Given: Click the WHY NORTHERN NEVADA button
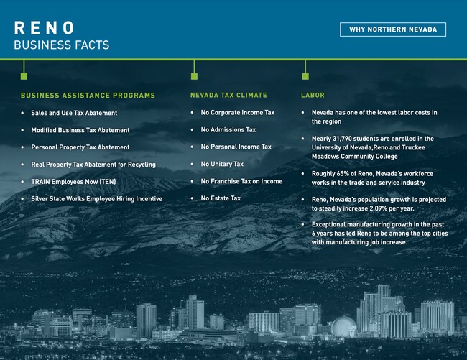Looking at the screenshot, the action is point(393,29).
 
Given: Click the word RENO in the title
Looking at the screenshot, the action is point(44,28).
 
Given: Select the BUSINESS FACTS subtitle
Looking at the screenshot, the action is point(62,45).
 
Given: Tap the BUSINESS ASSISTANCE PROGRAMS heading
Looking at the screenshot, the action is point(88,96).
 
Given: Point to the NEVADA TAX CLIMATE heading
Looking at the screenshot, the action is point(228,95).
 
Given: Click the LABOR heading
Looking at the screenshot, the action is point(313,95).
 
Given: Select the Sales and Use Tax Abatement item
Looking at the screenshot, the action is point(74,113).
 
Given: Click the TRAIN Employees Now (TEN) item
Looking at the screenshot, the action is point(73,182).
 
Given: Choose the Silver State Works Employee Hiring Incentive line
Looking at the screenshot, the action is point(97,198).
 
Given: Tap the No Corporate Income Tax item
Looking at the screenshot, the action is point(238,113).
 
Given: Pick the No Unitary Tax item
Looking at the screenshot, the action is point(222,164).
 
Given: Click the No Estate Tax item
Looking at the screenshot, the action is point(221,198).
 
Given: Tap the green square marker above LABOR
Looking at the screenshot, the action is point(305,76).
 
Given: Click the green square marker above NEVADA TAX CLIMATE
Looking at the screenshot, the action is point(194,76).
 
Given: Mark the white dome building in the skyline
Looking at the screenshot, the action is point(343,326).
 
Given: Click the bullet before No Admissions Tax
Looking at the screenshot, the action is point(192,130).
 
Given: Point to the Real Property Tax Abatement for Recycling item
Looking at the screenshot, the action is point(93,165).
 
